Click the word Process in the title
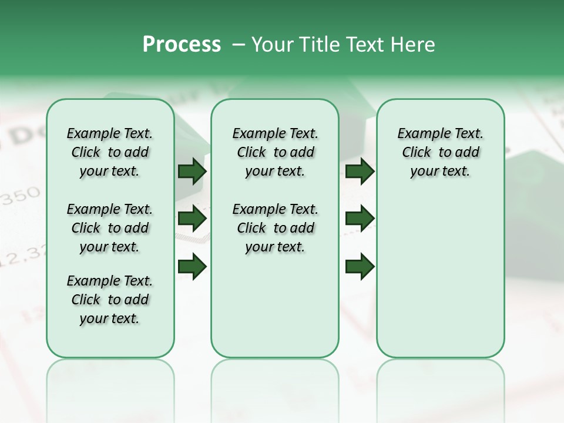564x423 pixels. pos(182,45)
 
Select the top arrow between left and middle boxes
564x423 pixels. pos(192,172)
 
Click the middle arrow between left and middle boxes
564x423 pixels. pos(192,219)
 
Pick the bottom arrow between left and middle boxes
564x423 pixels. pos(192,267)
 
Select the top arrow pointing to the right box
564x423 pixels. pos(360,172)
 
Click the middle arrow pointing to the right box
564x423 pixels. pos(360,219)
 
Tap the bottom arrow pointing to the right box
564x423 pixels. pos(360,267)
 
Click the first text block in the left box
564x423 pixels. pos(110,152)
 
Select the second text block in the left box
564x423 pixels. pos(110,228)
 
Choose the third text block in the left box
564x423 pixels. pos(110,300)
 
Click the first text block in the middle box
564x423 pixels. pos(276,152)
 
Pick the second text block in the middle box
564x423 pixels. pos(276,228)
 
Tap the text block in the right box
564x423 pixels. pos(441,152)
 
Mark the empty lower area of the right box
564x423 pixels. pos(441,270)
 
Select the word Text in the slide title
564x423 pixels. pos(363,45)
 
